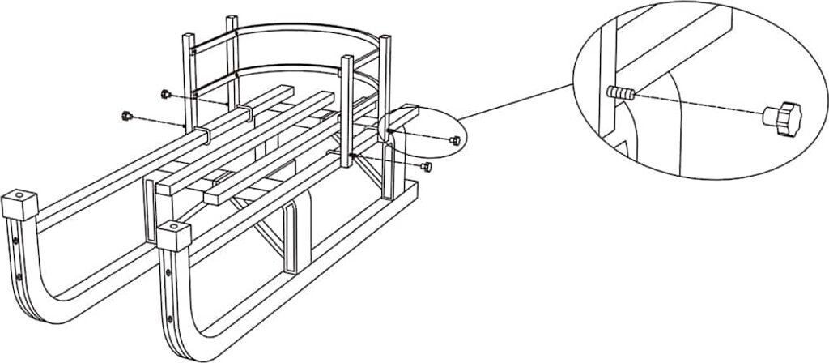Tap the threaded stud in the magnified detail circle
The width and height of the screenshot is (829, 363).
[x=621, y=93]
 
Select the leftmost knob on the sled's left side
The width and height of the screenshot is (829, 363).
[x=126, y=116]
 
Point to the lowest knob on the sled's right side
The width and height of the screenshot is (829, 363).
[x=427, y=167]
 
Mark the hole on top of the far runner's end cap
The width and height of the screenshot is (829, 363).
[x=18, y=195]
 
